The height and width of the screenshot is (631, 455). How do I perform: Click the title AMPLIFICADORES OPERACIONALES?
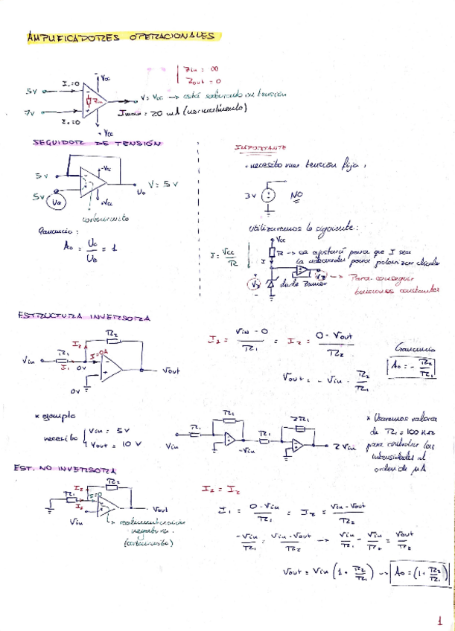[119, 36]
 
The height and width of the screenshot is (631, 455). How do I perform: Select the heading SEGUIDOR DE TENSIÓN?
[97, 143]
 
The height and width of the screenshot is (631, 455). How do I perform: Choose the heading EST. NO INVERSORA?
[65, 470]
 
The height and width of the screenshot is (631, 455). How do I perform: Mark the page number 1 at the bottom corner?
[439, 618]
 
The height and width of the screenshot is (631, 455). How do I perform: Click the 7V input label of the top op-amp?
[30, 112]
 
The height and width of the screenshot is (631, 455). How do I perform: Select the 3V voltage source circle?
[270, 197]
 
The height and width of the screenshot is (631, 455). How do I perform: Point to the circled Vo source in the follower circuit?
[56, 201]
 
